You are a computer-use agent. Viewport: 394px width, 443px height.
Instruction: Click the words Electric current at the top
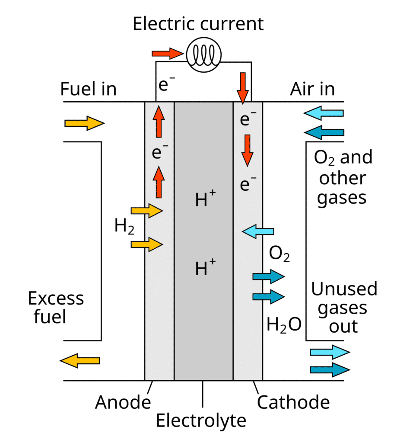click(x=198, y=24)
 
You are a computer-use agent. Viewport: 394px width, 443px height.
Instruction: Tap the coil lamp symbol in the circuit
click(x=203, y=54)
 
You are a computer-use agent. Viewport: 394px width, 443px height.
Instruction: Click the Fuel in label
click(x=88, y=89)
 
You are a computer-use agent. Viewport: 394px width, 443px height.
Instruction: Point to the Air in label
click(x=312, y=89)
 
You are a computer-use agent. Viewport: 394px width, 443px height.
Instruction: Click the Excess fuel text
click(x=56, y=308)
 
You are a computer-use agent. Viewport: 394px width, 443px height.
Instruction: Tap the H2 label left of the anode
click(x=124, y=226)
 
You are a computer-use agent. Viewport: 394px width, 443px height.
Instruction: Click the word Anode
click(x=123, y=402)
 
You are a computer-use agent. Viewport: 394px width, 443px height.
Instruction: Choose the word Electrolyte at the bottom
click(x=201, y=420)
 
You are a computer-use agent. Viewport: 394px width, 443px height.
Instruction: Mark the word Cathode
click(x=293, y=402)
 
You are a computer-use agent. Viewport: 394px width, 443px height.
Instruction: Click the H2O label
click(x=283, y=324)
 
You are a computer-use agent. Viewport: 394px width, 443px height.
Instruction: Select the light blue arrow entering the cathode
click(x=258, y=232)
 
